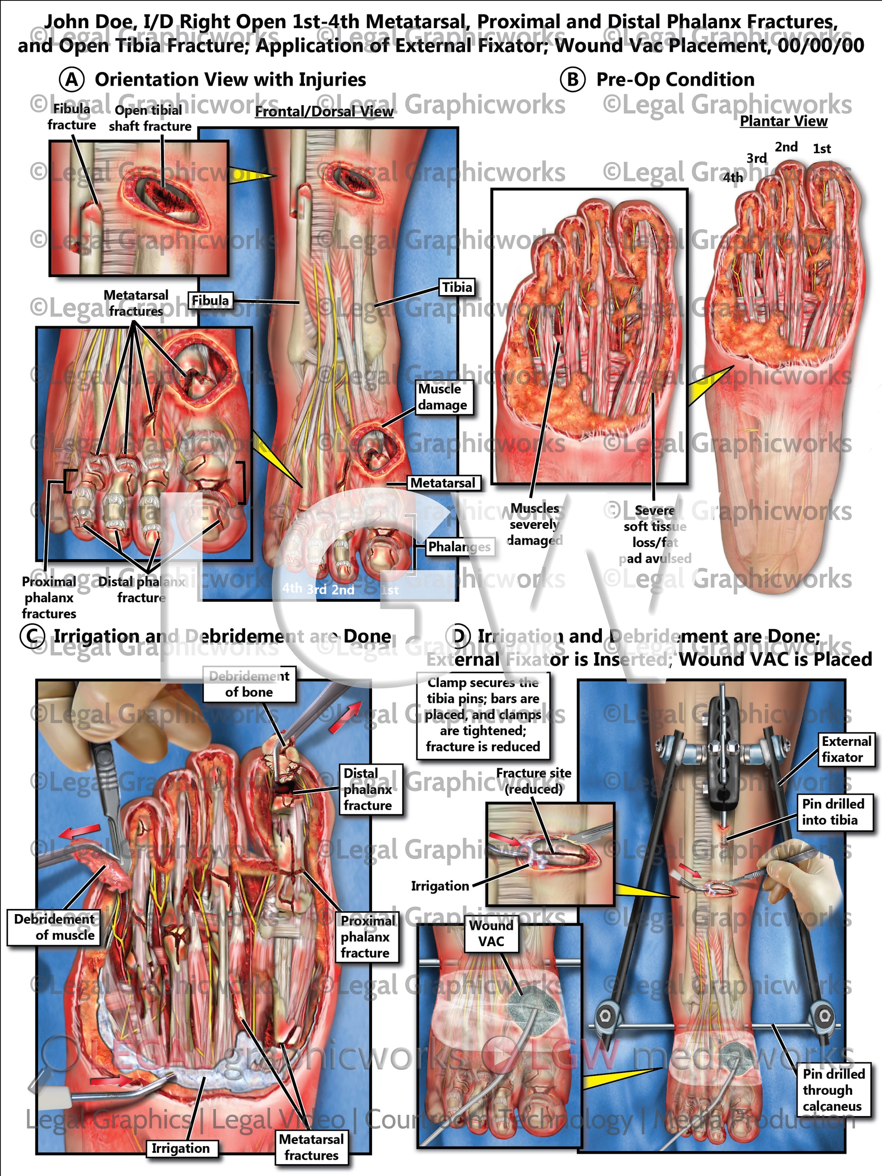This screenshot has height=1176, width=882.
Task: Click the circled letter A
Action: click(x=72, y=80)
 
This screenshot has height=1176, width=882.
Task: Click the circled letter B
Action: click(x=572, y=80)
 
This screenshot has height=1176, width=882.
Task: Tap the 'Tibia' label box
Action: click(x=457, y=288)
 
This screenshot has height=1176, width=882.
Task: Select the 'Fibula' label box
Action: click(x=210, y=301)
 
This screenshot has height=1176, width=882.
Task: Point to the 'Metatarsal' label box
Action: click(x=443, y=483)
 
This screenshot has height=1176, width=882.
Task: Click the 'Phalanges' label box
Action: click(x=459, y=547)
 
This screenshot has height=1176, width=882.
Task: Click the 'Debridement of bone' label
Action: click(x=249, y=684)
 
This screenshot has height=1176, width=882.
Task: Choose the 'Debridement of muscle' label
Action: click(x=54, y=927)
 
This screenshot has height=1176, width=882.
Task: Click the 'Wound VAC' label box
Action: click(x=491, y=933)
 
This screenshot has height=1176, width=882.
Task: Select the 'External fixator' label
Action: click(x=846, y=749)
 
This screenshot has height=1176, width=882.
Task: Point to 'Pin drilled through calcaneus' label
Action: click(x=833, y=1090)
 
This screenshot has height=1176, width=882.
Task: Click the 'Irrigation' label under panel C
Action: click(x=180, y=1148)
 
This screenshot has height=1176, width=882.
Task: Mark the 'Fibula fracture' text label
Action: click(x=72, y=117)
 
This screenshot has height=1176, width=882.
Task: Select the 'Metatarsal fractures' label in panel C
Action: click(x=311, y=1147)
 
